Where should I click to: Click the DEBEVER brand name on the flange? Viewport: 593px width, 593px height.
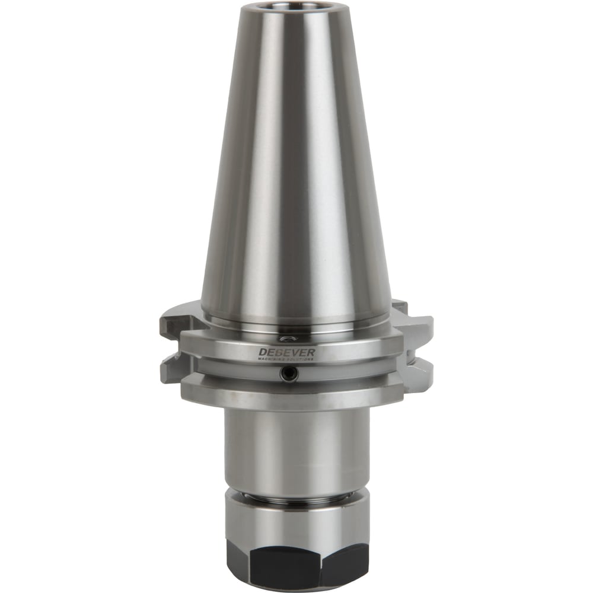tap(287, 352)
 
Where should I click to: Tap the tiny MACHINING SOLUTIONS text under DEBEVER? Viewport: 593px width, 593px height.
tap(287, 359)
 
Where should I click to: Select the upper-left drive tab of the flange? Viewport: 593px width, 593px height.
tap(172, 324)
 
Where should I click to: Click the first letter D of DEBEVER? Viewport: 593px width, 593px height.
tap(262, 353)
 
